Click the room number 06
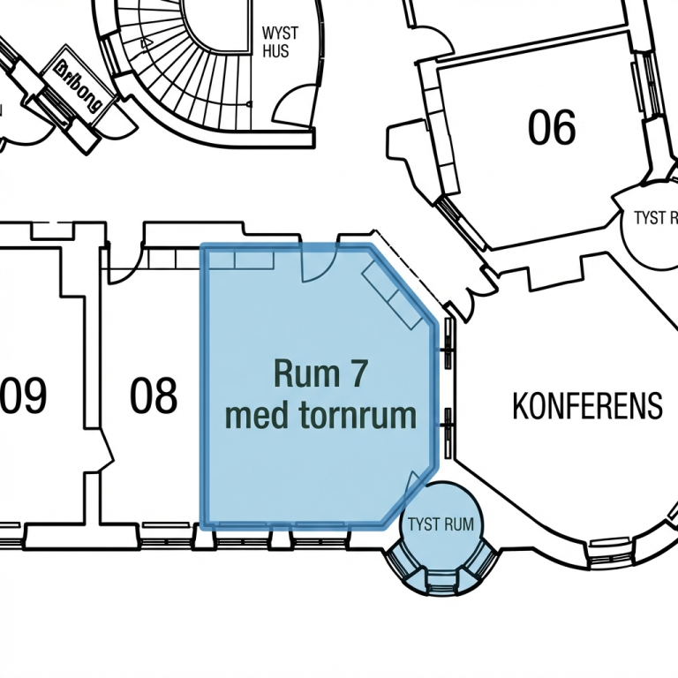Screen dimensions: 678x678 552,127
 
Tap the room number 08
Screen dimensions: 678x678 154,396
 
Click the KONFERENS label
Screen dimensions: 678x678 587,405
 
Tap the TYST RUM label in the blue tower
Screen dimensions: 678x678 440,524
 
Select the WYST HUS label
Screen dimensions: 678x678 280,41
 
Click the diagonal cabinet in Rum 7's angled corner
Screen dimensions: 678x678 392,295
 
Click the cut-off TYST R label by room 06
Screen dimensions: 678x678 656,218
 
